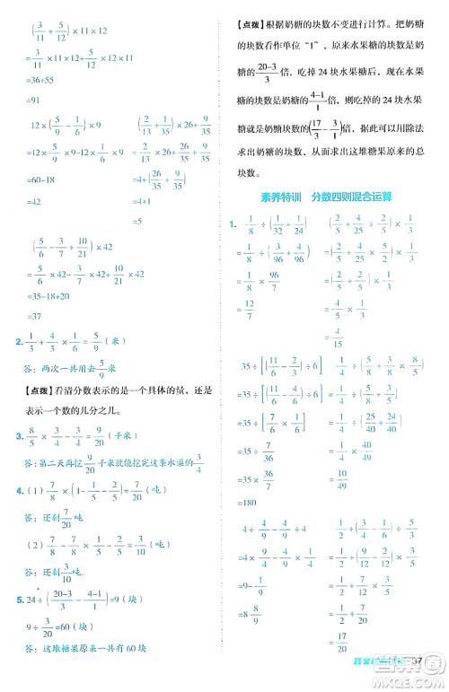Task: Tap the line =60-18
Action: pyautogui.click(x=43, y=179)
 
